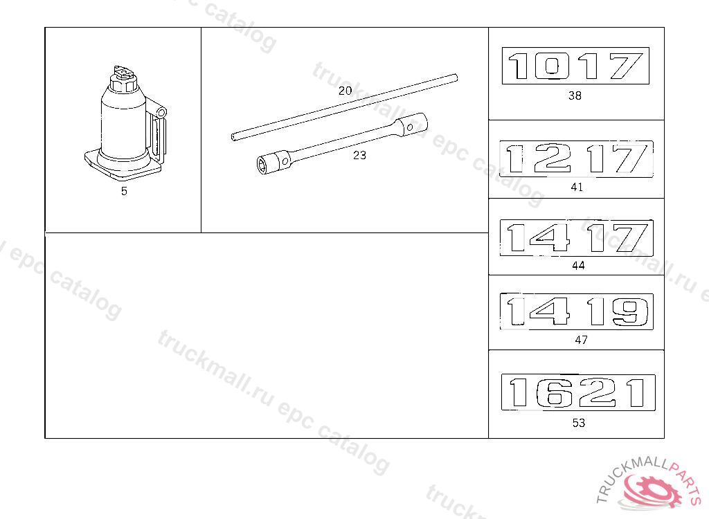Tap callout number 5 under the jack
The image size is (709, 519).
[x=124, y=191]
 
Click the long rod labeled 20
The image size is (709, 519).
[x=345, y=107]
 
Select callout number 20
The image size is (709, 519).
[x=345, y=91]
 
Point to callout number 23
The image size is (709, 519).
[x=359, y=156]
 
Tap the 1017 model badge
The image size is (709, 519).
[x=575, y=66]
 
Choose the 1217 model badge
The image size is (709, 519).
[x=577, y=159]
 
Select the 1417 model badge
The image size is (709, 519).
[x=577, y=238]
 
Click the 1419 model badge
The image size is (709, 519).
[x=577, y=311]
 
